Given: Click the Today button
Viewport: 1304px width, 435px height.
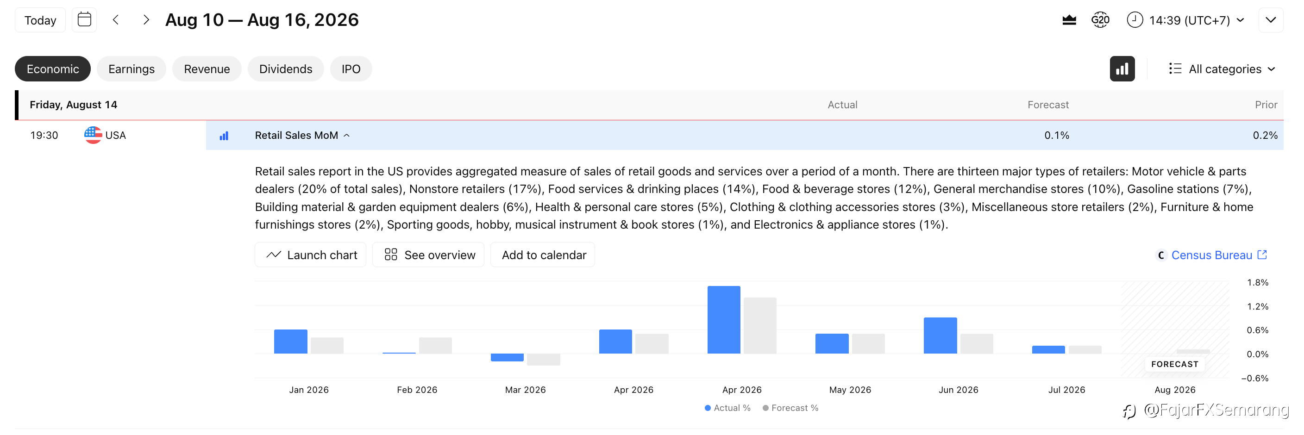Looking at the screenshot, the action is pos(40,20).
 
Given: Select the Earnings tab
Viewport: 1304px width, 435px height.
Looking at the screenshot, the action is pos(131,69).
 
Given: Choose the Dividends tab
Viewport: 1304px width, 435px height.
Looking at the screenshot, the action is pos(286,69).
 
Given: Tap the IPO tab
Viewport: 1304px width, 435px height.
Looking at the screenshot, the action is pos(351,69).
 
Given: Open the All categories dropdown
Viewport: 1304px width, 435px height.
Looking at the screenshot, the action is pos(1222,69).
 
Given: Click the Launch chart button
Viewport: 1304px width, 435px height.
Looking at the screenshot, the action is pos(310,255).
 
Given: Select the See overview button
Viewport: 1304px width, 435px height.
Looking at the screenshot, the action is pos(428,255).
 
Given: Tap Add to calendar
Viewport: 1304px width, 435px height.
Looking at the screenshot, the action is pos(543,255).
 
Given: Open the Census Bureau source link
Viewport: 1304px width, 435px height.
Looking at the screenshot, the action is pos(1212,255).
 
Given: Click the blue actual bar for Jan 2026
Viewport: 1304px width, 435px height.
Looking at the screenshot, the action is pos(290,342).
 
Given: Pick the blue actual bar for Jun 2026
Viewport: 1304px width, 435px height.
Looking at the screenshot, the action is pos(940,336).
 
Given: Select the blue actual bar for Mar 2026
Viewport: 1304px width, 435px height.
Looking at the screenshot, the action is pos(507,357).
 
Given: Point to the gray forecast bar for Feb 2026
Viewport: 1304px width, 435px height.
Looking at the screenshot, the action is pos(435,346).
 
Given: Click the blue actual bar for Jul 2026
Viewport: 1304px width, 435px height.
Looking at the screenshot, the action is pos(1048,349).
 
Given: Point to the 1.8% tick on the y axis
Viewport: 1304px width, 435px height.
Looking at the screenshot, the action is pos(1257,283).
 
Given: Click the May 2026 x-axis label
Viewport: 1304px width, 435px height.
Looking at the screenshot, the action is pos(850,390).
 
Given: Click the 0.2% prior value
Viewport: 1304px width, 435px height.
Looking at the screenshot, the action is pos(1265,135).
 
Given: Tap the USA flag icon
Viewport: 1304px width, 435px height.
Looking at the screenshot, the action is pos(93,135).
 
